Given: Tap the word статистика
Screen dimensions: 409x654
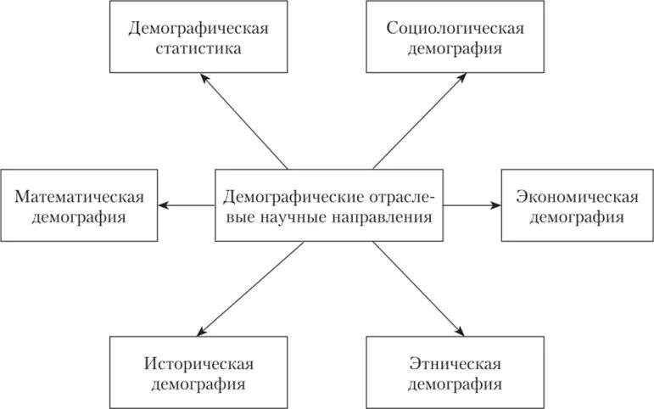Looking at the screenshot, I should pyautogui.click(x=198, y=48).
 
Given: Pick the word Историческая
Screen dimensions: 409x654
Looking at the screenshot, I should pyautogui.click(x=198, y=365).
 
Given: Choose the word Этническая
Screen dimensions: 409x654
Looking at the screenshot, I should pyautogui.click(x=455, y=365).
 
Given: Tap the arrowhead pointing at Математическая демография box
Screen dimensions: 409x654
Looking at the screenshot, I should pyautogui.click(x=165, y=205).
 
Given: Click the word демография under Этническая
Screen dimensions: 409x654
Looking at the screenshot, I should pyautogui.click(x=455, y=385).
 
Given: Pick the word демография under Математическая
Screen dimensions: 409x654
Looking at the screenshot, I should pyautogui.click(x=79, y=218).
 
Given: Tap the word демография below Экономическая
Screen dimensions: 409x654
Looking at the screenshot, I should pyautogui.click(x=577, y=218).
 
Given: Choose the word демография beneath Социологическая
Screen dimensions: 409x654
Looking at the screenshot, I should pyautogui.click(x=455, y=48).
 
